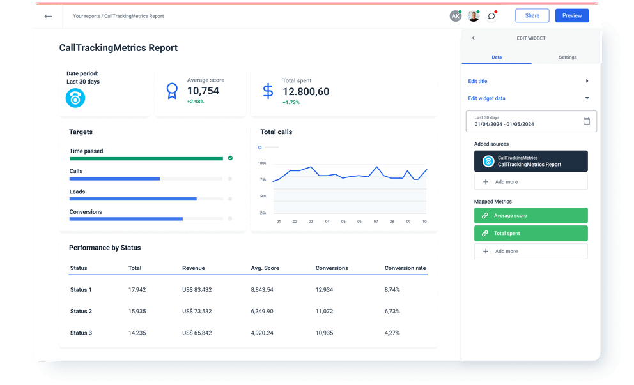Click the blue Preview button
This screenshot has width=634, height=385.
pyautogui.click(x=571, y=16)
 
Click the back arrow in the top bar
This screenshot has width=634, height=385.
pyautogui.click(x=48, y=16)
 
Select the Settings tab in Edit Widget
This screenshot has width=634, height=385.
pyautogui.click(x=567, y=57)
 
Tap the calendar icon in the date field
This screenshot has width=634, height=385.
pyautogui.click(x=586, y=121)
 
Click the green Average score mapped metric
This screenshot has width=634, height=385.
pyautogui.click(x=530, y=216)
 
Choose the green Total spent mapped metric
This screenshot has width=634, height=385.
pyautogui.click(x=530, y=234)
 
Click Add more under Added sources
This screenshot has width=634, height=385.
pyautogui.click(x=530, y=182)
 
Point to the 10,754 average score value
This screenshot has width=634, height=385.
pyautogui.click(x=203, y=91)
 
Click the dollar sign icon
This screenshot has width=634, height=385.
pyautogui.click(x=268, y=91)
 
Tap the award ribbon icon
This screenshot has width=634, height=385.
pyautogui.click(x=172, y=91)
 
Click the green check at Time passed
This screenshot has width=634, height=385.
pyautogui.click(x=230, y=158)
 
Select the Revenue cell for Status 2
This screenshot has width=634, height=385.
pyautogui.click(x=197, y=312)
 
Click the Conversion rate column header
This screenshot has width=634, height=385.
pyautogui.click(x=405, y=268)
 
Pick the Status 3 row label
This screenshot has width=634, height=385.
pyautogui.click(x=81, y=333)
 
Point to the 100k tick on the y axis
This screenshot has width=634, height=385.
pyautogui.click(x=262, y=163)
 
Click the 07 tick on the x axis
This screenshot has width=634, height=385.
pyautogui.click(x=376, y=222)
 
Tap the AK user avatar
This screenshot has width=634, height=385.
pyautogui.click(x=455, y=16)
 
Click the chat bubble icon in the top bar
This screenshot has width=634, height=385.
pyautogui.click(x=491, y=16)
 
